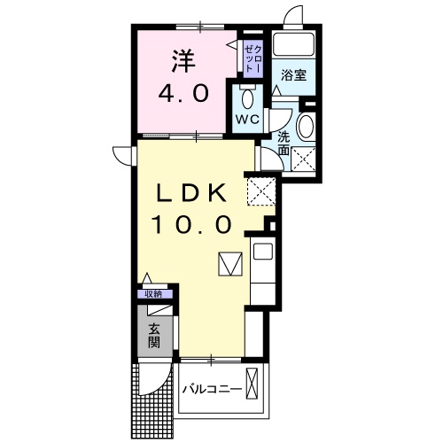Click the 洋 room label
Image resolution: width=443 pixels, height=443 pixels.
[x=182, y=61]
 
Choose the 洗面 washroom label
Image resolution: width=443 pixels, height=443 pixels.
[x=283, y=144]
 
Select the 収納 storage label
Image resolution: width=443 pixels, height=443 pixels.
[x=153, y=293]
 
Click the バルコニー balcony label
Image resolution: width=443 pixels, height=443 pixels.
[x=212, y=389]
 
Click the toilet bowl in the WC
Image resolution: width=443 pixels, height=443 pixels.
[x=247, y=97]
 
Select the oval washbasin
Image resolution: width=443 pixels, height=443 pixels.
[x=306, y=127]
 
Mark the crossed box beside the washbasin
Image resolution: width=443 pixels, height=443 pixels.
[x=306, y=160]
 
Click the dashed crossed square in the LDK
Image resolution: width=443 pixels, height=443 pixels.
[x=261, y=190]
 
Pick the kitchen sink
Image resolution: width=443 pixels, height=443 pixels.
[x=263, y=252]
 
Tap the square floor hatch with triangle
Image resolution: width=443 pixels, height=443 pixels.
[x=229, y=265]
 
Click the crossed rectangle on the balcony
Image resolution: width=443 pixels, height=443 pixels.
[x=254, y=386]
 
